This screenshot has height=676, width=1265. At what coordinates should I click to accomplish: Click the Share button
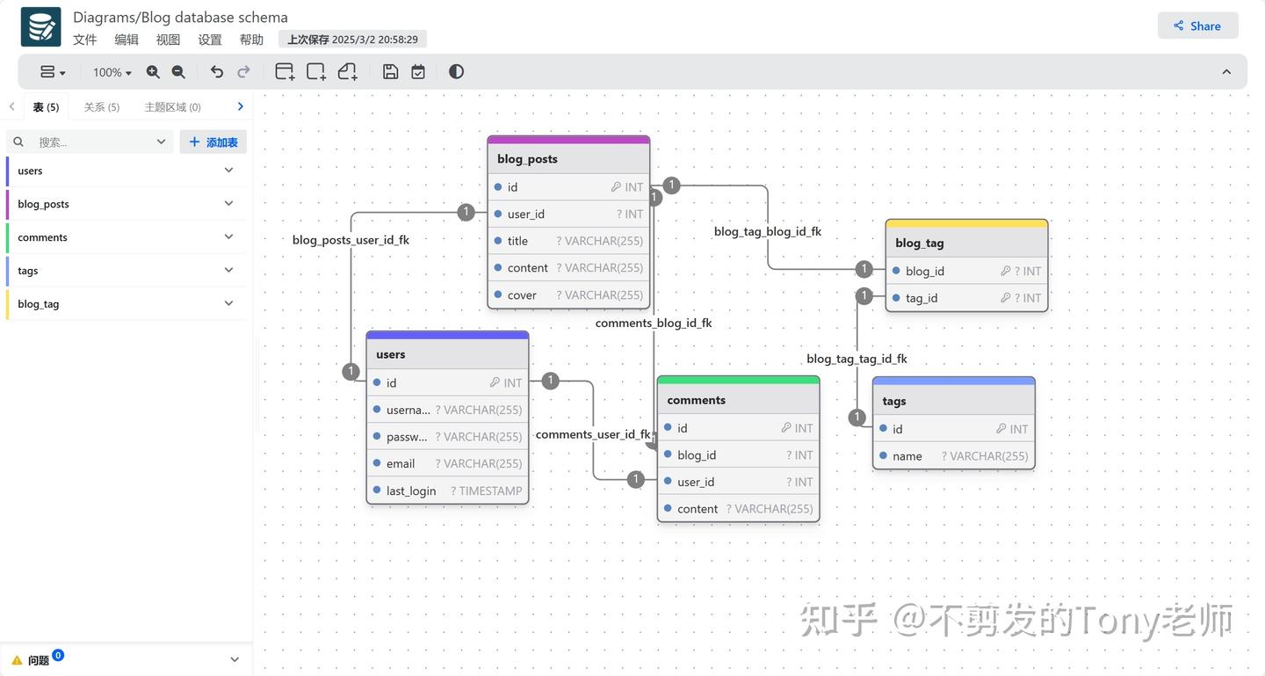(1197, 25)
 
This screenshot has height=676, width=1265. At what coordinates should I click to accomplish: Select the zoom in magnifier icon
(153, 72)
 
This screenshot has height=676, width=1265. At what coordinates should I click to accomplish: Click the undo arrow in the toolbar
(216, 72)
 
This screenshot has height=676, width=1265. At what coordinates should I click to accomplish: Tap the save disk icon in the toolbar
(391, 72)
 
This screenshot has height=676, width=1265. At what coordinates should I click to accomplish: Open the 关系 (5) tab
(101, 106)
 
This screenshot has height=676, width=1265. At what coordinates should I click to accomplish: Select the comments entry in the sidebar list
(42, 237)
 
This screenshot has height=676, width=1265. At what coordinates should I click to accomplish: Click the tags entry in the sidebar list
(28, 271)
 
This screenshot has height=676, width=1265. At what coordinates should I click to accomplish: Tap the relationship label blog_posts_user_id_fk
(351, 240)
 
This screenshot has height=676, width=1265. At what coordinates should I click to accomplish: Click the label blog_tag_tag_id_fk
(857, 359)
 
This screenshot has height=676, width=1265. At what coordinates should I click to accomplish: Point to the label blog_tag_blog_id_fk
(767, 232)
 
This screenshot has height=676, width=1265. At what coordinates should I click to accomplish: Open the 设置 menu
(210, 40)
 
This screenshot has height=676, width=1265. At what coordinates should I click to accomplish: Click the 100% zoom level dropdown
(112, 72)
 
